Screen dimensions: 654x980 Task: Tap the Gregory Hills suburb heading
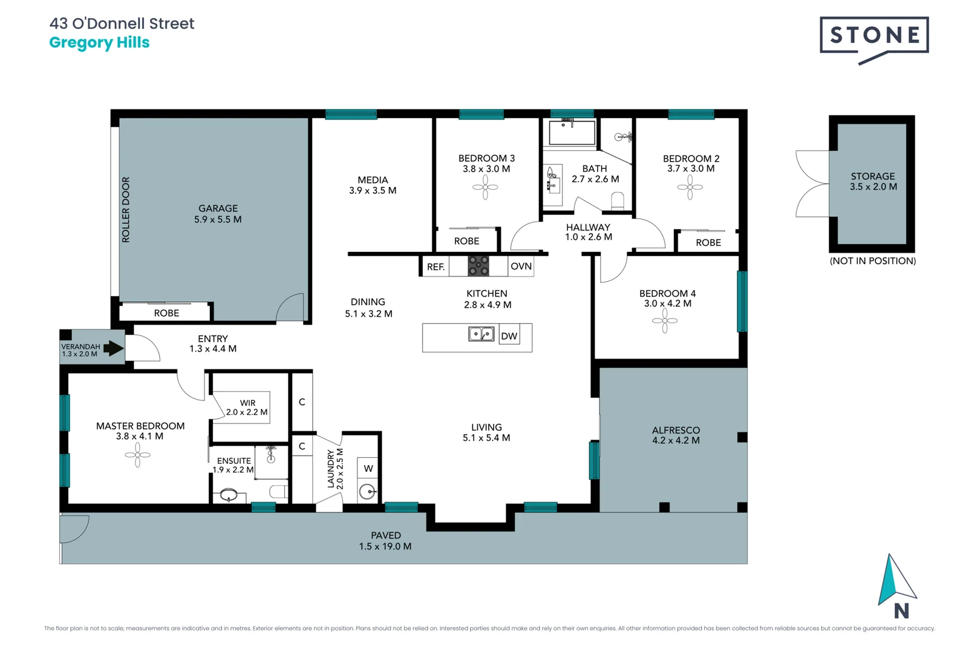99,43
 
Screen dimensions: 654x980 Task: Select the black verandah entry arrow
113,348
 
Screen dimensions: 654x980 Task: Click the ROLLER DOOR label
126,210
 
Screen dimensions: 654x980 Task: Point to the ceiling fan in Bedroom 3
485,187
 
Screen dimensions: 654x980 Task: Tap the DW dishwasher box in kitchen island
509,336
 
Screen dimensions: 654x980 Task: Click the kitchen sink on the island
481,334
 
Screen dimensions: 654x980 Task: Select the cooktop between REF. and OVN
479,266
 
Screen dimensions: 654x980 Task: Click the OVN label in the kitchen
521,266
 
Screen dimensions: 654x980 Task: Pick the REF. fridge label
436,267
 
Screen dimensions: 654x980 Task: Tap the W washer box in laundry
368,468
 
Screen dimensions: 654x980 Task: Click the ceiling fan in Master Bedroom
137,455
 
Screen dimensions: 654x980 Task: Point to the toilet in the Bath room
618,201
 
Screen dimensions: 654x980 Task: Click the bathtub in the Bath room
572,132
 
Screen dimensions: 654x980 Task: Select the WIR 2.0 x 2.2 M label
247,408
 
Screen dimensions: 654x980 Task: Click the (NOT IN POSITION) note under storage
872,261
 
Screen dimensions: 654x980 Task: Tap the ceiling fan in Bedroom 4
665,321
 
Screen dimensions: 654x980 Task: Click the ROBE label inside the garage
166,313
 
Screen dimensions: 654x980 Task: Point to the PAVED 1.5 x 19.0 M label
385,541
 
